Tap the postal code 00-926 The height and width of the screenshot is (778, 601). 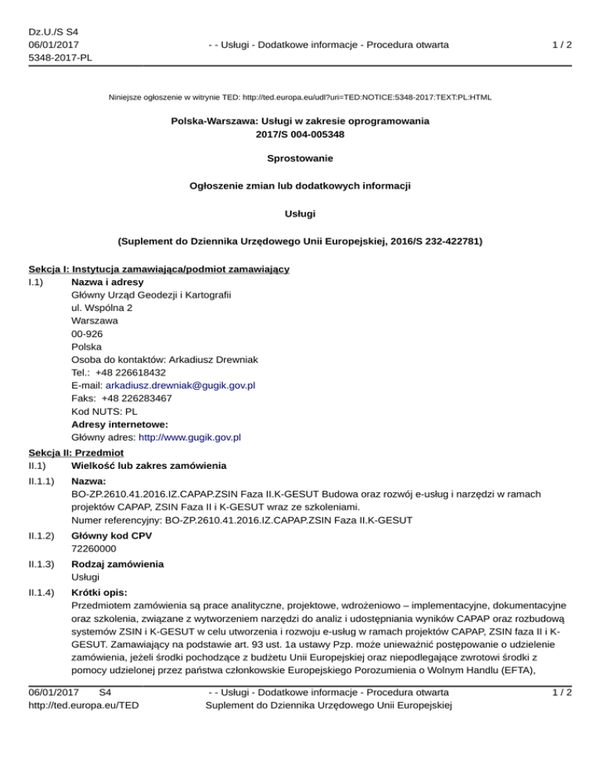pyautogui.click(x=85, y=333)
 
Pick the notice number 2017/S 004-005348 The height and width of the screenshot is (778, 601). pyautogui.click(x=300, y=134)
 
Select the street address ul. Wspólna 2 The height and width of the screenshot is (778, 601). pyautogui.click(x=101, y=308)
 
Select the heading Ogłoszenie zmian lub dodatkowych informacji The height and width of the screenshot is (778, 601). pyautogui.click(x=300, y=185)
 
